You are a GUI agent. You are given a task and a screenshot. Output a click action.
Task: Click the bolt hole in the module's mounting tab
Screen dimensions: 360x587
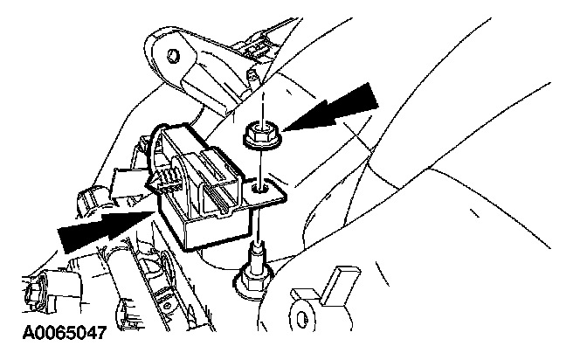tap(259, 186)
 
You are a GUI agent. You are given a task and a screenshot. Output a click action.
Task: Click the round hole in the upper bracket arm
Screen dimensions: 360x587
tap(173, 56)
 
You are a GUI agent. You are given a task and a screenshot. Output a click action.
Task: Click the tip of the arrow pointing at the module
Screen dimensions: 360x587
tap(155, 210)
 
